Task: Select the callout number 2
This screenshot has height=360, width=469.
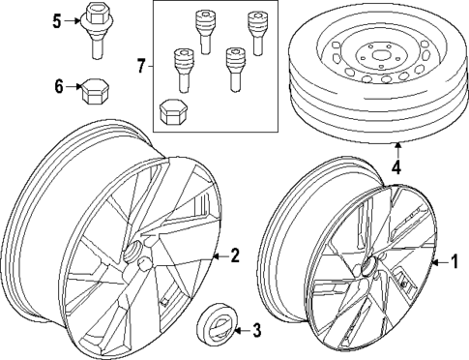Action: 233,255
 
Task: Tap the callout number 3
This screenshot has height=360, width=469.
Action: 255,332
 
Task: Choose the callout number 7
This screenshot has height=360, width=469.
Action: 141,66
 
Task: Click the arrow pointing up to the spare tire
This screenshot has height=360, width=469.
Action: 396,152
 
